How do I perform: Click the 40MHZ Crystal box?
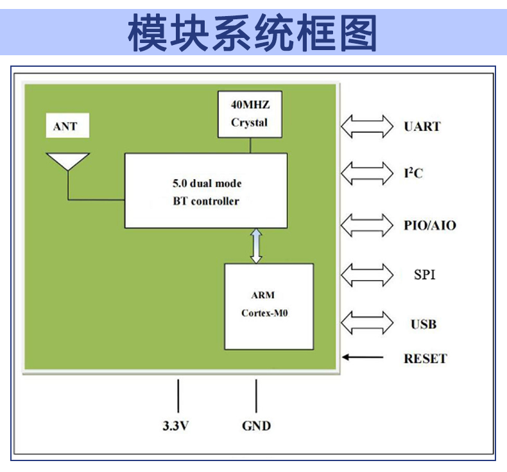tap(250, 114)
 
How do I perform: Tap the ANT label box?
tap(67, 125)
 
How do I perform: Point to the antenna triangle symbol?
tap(68, 161)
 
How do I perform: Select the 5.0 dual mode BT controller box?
tap(206, 191)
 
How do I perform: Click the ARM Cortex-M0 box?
tap(269, 306)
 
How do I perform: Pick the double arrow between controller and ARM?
tap(257, 246)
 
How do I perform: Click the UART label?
tap(422, 127)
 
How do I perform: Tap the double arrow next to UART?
tap(367, 126)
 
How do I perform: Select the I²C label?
tap(413, 173)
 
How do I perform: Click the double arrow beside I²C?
tap(367, 173)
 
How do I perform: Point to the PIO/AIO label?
tap(430, 225)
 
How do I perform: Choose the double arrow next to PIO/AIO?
tap(367, 225)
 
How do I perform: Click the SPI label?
tap(425, 275)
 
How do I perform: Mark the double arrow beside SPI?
tap(367, 275)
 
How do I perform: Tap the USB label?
tap(424, 324)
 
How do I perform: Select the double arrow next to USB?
tap(367, 322)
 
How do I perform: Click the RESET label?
tap(425, 358)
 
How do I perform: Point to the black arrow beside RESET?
tap(363, 357)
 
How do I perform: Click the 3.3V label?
tap(176, 426)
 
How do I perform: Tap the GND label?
tap(257, 426)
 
